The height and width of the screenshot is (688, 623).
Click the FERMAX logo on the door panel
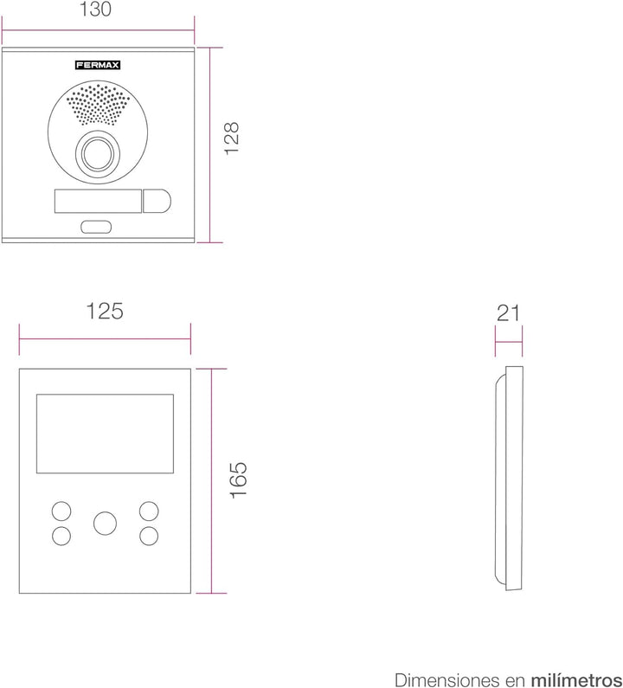[98, 66]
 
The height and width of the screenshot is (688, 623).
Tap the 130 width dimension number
[95, 10]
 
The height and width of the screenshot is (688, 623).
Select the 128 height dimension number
[231, 138]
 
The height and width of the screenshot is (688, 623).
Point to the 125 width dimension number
[105, 311]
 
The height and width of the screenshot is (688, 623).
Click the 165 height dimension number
[239, 480]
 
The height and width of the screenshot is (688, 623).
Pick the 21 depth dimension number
[508, 313]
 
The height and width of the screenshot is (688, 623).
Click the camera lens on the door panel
[98, 154]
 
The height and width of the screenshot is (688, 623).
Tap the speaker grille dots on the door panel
[98, 105]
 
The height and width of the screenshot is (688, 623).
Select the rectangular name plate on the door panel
[98, 202]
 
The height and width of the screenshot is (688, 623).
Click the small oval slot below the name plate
[96, 227]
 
